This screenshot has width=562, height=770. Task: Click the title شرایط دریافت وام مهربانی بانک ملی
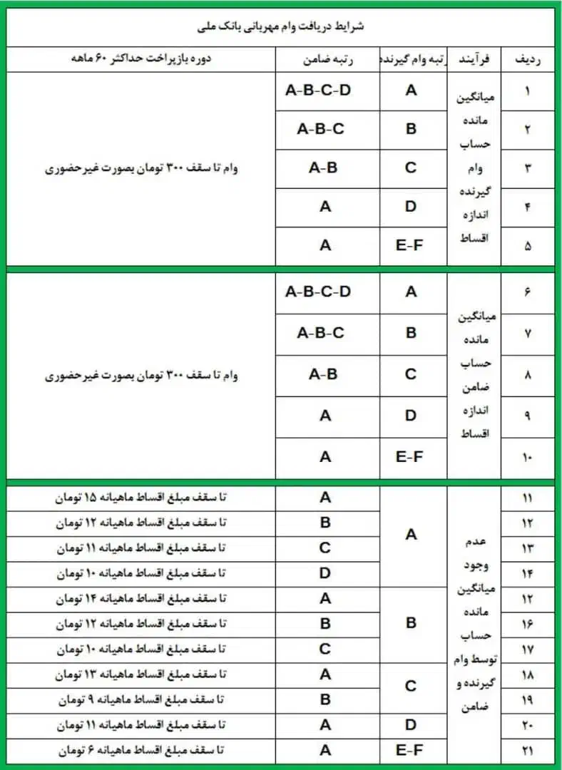(280, 26)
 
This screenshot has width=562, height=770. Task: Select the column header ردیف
(527, 60)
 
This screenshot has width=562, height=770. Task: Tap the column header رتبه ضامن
(325, 60)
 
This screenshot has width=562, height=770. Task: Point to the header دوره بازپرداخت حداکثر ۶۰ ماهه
(140, 60)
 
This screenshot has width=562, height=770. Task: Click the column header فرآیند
(474, 60)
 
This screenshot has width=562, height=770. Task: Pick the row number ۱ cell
(527, 92)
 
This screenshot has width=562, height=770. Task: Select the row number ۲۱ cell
(527, 750)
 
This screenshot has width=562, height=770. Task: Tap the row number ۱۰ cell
(527, 456)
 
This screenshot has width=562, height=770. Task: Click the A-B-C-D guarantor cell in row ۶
(318, 292)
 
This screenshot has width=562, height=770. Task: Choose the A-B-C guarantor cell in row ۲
(320, 129)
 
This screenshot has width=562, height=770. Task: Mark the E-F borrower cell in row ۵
(411, 245)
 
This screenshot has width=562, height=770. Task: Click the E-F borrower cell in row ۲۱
(411, 750)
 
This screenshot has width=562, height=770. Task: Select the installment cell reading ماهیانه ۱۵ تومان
(140, 497)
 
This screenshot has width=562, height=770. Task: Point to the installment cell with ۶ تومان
(140, 750)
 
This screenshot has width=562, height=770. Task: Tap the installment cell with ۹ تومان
(140, 699)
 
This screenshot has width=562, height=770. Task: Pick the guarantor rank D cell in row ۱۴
(325, 573)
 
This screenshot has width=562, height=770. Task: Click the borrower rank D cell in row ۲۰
(411, 725)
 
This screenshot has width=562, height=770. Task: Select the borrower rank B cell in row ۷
(411, 332)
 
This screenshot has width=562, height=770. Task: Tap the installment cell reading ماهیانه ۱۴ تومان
(140, 598)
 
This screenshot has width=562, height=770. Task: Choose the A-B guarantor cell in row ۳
(323, 168)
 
